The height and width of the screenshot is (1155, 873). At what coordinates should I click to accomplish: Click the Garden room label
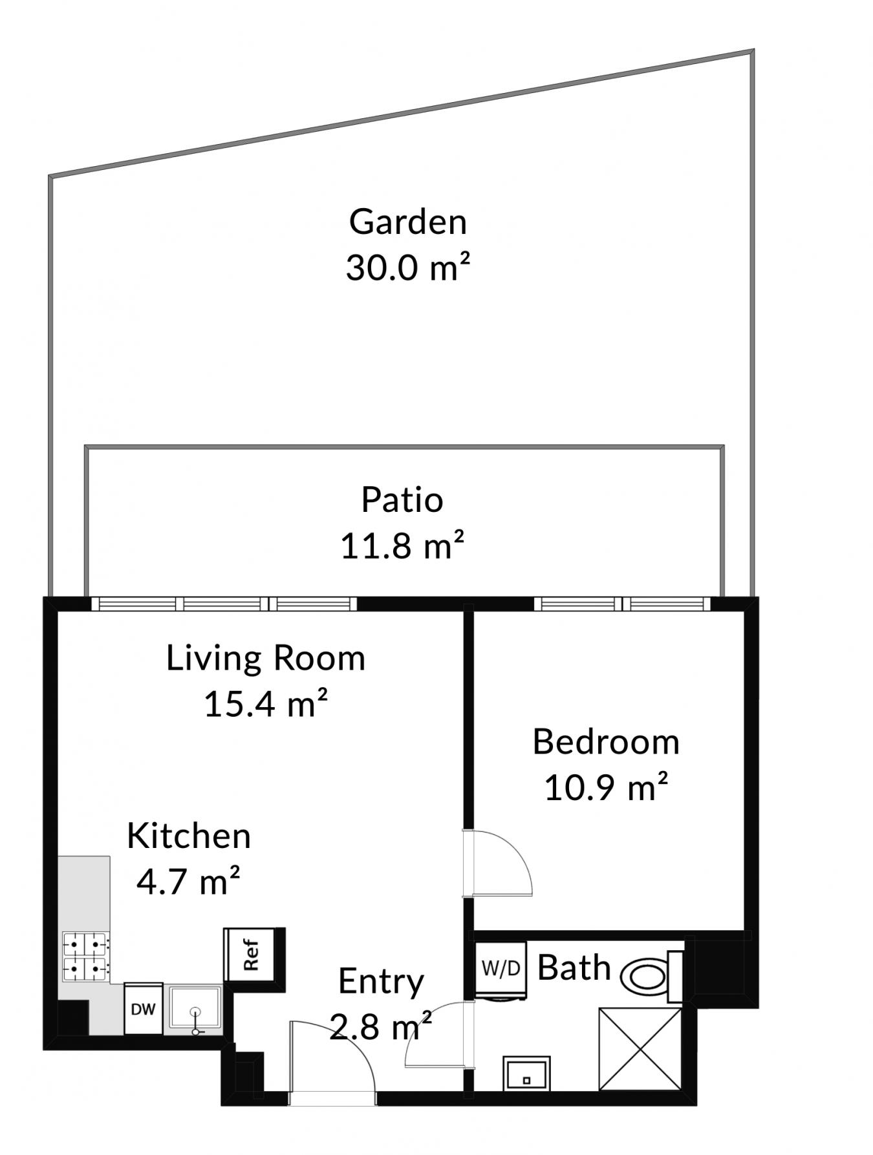(x=407, y=222)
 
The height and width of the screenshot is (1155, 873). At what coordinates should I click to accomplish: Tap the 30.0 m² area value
(x=407, y=267)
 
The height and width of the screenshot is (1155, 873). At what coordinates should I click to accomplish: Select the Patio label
(x=402, y=500)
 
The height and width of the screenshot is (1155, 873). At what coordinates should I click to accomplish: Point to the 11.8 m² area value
(x=402, y=545)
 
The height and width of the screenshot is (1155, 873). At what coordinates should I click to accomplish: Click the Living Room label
(x=266, y=658)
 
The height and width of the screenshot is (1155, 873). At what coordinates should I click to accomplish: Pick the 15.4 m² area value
(x=266, y=703)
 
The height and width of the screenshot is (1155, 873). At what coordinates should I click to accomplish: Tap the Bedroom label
(x=606, y=741)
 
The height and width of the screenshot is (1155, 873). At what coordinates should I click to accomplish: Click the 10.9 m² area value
(x=606, y=787)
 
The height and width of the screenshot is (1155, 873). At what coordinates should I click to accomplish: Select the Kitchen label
(x=188, y=836)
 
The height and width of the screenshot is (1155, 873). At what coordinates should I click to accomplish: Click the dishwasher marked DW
(x=143, y=1008)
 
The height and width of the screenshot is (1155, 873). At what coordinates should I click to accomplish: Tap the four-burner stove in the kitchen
(x=85, y=957)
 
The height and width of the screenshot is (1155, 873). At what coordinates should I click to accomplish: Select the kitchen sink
(x=195, y=1008)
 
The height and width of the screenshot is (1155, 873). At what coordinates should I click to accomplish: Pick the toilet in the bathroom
(x=652, y=975)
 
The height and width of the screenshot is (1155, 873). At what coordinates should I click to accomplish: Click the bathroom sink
(x=526, y=1074)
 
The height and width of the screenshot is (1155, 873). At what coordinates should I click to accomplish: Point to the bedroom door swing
(x=502, y=862)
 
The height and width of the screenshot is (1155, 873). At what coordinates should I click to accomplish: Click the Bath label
(x=574, y=968)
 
